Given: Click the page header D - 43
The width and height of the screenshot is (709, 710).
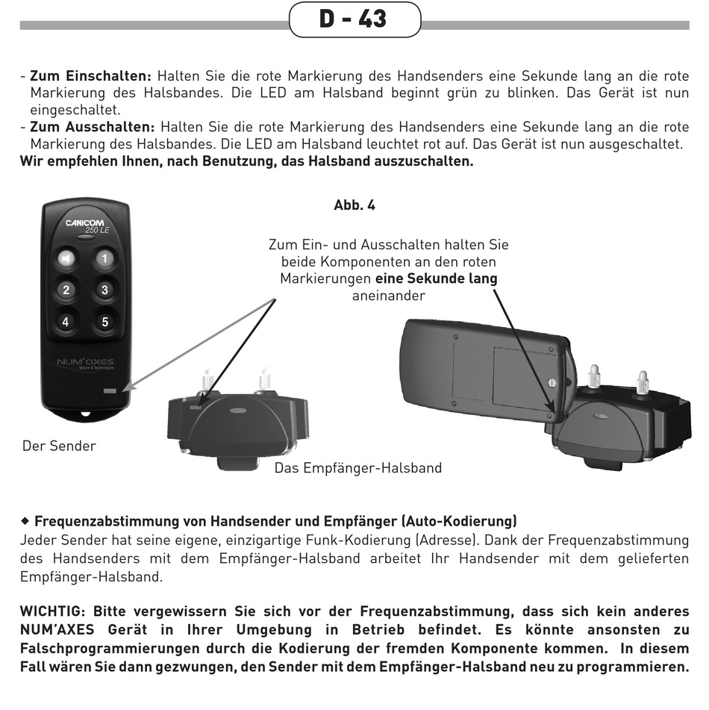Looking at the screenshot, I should pyautogui.click(x=354, y=19).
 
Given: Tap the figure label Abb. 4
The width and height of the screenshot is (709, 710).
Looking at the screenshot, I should pyautogui.click(x=354, y=205).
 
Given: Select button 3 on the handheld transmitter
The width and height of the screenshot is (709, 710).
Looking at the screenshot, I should pyautogui.click(x=104, y=290).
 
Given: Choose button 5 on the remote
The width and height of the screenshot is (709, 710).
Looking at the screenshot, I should pyautogui.click(x=104, y=322).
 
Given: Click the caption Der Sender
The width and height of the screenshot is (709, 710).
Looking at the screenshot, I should pyautogui.click(x=59, y=446).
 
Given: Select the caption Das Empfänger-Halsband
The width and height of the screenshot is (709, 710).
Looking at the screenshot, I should pyautogui.click(x=358, y=468).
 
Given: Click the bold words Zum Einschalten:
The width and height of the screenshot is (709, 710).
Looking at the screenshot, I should pyautogui.click(x=90, y=76).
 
